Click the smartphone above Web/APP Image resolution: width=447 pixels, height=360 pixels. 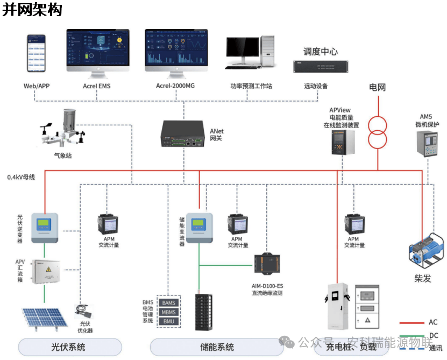coord(37,53)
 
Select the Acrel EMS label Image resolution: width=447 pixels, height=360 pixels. coord(96,86)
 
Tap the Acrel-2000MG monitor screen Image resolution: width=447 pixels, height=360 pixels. coord(183,48)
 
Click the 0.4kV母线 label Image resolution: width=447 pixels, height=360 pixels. coord(21,177)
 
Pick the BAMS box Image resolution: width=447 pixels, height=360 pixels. coord(168,303)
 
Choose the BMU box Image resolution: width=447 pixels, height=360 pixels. coord(168,321)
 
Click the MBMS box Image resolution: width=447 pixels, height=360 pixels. coord(168,312)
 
